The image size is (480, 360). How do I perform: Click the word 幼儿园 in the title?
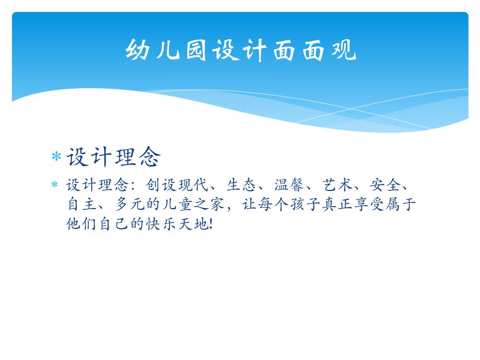(x=167, y=51)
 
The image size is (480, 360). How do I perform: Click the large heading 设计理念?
(x=114, y=157)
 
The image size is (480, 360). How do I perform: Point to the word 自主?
(x=80, y=204)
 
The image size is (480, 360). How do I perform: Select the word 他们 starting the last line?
(x=80, y=223)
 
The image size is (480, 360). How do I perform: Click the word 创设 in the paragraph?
(x=159, y=186)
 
